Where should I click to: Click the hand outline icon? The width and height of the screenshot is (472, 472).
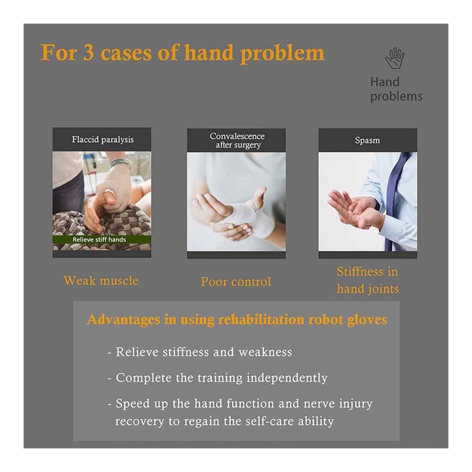coord(395,58)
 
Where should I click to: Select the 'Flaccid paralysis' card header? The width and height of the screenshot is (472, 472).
coord(102,139)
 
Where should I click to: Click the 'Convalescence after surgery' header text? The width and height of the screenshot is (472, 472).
coord(237,140)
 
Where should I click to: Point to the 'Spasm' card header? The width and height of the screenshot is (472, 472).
coord(368,140)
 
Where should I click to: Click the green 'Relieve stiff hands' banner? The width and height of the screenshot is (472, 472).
coord(102,240)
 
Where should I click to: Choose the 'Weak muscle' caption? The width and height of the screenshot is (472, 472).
coord(101,280)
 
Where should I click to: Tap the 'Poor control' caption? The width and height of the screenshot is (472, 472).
coord(236,282)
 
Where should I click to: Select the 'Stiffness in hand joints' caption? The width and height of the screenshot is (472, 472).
coord(368,280)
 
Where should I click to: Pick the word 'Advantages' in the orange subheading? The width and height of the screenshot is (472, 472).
coord(123,320)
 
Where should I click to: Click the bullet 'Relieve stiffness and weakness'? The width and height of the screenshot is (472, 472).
coord(200,352)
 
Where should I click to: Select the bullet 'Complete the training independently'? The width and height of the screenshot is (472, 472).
coord(217,378)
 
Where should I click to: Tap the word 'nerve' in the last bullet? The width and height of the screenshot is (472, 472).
coord(319,404)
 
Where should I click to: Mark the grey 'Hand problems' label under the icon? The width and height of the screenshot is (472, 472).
coord(396,89)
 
